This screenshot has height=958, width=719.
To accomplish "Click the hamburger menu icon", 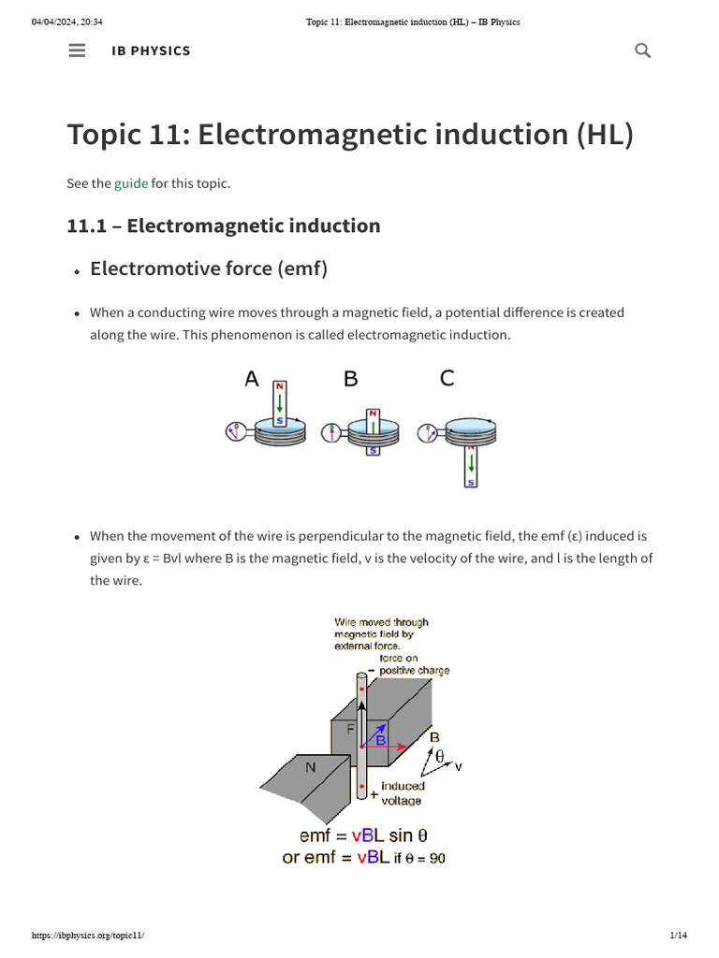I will click(78, 51).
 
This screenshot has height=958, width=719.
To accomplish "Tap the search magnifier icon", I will click(642, 51).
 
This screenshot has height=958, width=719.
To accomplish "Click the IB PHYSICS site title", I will click(151, 51).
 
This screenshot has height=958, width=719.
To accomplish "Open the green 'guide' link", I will click(131, 183).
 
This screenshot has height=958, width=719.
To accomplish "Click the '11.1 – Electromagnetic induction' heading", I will click(224, 225).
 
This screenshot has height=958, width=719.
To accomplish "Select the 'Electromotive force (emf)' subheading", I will click(209, 269).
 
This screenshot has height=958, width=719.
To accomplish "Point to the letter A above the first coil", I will click(252, 379).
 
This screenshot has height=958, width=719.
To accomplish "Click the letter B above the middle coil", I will click(351, 379).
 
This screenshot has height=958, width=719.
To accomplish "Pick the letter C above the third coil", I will click(447, 379).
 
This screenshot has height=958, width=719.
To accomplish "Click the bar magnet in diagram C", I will click(471, 466).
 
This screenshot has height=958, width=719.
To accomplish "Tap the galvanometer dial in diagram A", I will click(235, 431).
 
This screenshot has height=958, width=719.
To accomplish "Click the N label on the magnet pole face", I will click(310, 768).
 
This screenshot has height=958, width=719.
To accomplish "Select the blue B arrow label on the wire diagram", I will click(381, 740).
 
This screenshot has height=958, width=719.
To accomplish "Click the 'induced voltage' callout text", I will click(402, 793).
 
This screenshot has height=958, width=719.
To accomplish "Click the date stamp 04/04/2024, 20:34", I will click(67, 22).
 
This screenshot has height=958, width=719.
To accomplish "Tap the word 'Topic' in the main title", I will click(106, 135).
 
